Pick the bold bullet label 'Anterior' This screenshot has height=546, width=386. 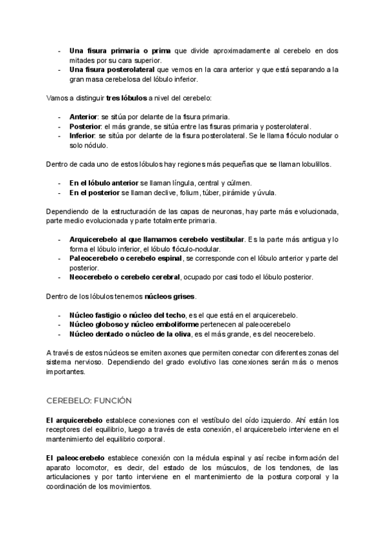(x=84, y=117)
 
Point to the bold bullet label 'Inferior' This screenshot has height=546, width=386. (x=82, y=136)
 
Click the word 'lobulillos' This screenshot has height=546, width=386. (x=313, y=165)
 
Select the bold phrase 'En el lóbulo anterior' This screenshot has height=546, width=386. (x=104, y=184)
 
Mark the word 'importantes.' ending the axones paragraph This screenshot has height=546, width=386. (x=67, y=372)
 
